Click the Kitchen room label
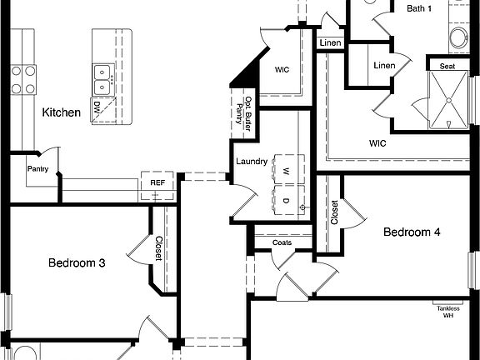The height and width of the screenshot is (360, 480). click(x=62, y=112)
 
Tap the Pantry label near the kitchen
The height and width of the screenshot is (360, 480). click(x=37, y=169)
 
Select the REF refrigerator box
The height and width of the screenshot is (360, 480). click(x=157, y=183)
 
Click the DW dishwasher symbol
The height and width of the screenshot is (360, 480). click(x=97, y=108)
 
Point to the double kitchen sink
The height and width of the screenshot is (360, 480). click(x=102, y=78)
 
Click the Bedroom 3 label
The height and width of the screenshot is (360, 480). click(x=76, y=263)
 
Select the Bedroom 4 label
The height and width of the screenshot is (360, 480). click(x=412, y=232)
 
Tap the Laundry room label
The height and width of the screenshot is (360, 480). click(x=251, y=162)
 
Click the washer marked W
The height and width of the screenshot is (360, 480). click(x=285, y=170)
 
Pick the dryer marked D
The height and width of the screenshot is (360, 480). click(x=285, y=201)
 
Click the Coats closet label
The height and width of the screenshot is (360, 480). click(x=282, y=242)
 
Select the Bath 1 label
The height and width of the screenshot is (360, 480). click(x=419, y=8)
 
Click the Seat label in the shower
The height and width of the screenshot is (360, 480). click(x=448, y=65)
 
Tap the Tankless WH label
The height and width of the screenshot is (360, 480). click(x=447, y=312)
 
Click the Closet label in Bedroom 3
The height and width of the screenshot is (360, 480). click(x=158, y=248)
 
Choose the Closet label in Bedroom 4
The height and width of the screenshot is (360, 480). click(x=335, y=214)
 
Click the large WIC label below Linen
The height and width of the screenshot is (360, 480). click(x=379, y=142)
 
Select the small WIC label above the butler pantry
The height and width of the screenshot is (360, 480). click(x=282, y=69)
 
